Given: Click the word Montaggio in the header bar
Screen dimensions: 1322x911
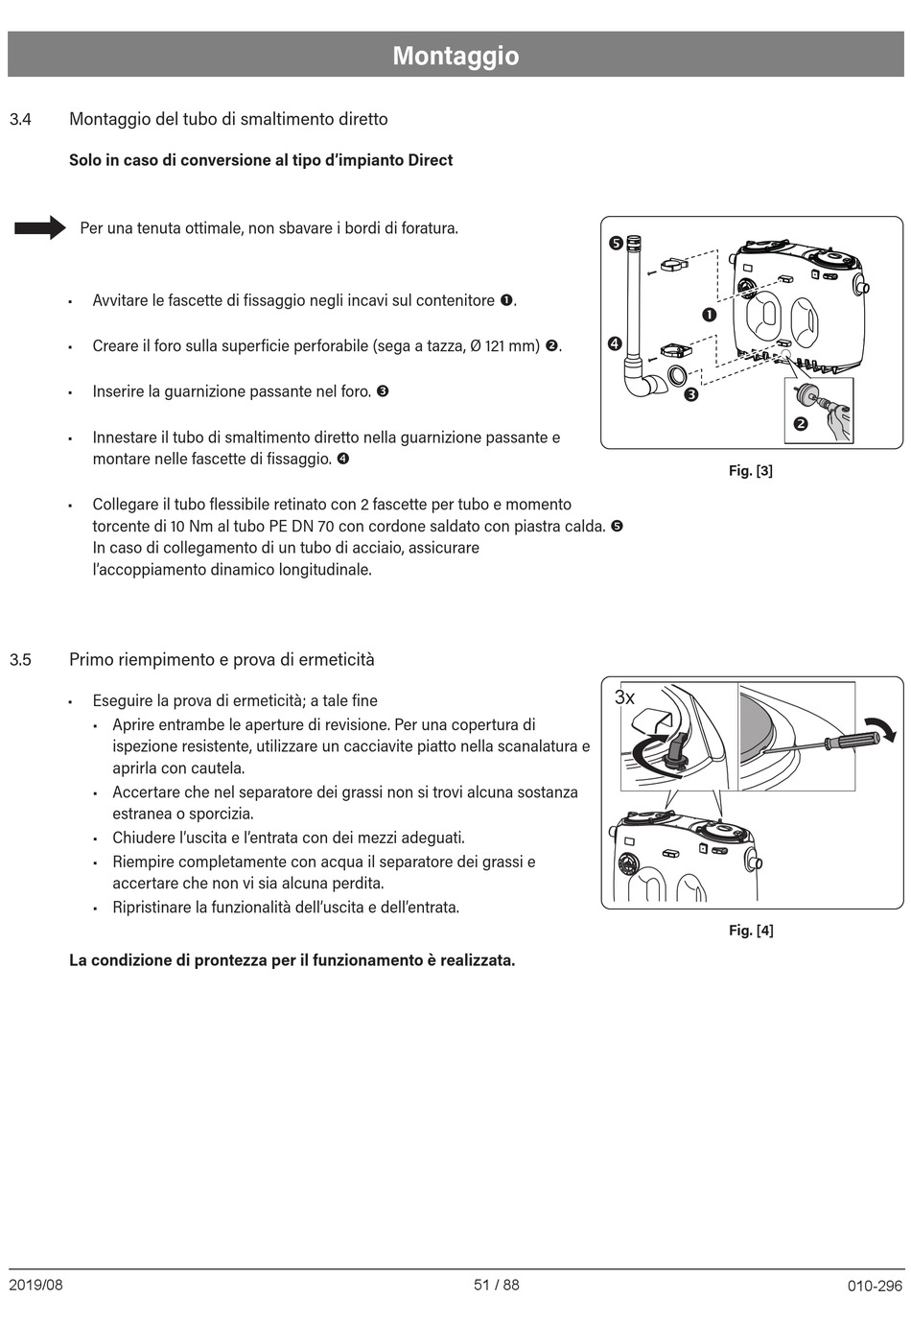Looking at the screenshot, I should (x=455, y=56).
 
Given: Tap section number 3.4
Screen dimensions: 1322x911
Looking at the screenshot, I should (x=20, y=120).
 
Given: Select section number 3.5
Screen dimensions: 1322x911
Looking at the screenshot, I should (x=20, y=660).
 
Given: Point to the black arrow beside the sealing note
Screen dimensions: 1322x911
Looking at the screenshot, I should (x=39, y=228).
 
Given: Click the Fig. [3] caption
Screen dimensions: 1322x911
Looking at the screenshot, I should (x=750, y=470).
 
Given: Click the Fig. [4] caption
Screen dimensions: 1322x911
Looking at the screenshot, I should (x=750, y=930).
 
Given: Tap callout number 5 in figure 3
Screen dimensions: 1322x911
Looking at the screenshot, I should (x=616, y=243).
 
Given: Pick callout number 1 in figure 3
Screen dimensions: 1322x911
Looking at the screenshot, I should (x=709, y=315).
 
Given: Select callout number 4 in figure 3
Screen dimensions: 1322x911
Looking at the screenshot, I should (x=615, y=343).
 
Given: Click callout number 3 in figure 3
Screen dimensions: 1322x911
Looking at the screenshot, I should (x=690, y=393).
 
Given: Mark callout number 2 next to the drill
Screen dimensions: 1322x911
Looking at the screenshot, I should (x=801, y=424).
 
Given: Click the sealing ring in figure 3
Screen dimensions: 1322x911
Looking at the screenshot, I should (x=677, y=375).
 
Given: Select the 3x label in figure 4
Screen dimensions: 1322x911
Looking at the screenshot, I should (x=624, y=697).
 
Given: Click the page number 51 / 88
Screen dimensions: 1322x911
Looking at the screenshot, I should (x=496, y=1285).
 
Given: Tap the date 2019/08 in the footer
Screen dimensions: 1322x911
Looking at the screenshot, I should (x=35, y=1285).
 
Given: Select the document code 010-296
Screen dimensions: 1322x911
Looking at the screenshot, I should (x=875, y=1286).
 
